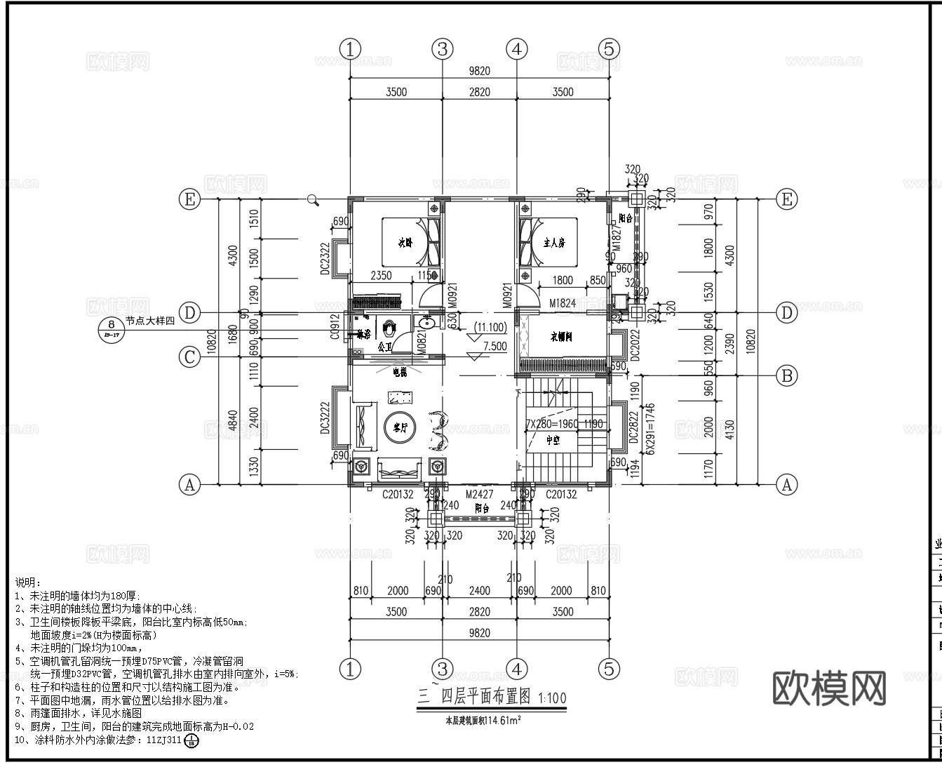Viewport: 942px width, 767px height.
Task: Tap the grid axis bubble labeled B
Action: [x=787, y=375]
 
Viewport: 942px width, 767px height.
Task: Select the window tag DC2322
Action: [x=325, y=259]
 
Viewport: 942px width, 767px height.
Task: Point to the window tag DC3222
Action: [x=325, y=418]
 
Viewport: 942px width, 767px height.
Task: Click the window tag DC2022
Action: [x=635, y=345]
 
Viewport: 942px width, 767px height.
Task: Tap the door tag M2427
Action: [x=478, y=495]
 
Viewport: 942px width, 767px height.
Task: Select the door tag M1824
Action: [x=563, y=302]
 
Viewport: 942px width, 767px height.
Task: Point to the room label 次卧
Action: [x=404, y=244]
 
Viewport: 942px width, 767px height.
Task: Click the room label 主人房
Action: [x=554, y=243]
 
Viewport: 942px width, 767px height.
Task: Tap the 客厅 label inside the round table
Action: [x=401, y=427]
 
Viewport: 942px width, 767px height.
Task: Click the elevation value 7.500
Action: [x=494, y=346]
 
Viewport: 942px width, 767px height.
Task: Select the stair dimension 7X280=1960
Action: [x=553, y=424]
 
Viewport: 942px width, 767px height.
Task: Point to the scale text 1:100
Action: [x=552, y=699]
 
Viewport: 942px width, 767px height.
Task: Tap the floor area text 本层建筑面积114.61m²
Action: [x=480, y=719]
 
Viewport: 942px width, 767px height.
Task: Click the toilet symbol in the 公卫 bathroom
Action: [x=390, y=327]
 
